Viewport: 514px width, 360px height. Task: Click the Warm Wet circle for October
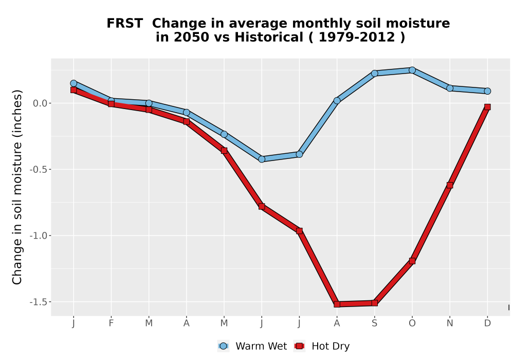pyautogui.click(x=412, y=70)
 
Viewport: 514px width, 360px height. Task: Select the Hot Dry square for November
pyautogui.click(x=450, y=185)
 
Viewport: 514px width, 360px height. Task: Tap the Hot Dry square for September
pyautogui.click(x=375, y=303)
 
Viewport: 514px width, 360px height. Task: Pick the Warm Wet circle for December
pyautogui.click(x=487, y=91)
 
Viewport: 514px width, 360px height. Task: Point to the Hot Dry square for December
pyautogui.click(x=487, y=107)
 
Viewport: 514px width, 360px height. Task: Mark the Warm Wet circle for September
pyautogui.click(x=375, y=74)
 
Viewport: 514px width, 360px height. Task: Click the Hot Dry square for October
pyautogui.click(x=412, y=261)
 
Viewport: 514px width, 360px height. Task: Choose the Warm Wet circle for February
pyautogui.click(x=111, y=101)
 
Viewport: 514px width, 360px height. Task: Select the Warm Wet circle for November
pyautogui.click(x=450, y=88)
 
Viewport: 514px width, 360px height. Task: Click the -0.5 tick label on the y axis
pyautogui.click(x=39, y=170)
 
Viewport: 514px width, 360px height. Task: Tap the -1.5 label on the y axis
pyautogui.click(x=39, y=302)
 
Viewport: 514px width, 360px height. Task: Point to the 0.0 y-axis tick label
pyautogui.click(x=40, y=103)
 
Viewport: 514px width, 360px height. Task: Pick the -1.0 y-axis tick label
pyautogui.click(x=39, y=236)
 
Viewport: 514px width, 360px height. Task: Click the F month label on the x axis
pyautogui.click(x=111, y=323)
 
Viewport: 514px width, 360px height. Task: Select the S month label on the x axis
pyautogui.click(x=375, y=323)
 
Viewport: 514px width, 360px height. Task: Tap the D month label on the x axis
pyautogui.click(x=487, y=323)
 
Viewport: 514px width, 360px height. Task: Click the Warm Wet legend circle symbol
pyautogui.click(x=223, y=346)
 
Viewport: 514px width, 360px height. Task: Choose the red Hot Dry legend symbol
pyautogui.click(x=299, y=346)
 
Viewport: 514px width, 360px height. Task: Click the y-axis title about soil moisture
pyautogui.click(x=17, y=187)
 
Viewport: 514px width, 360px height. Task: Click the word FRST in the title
pyautogui.click(x=124, y=24)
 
